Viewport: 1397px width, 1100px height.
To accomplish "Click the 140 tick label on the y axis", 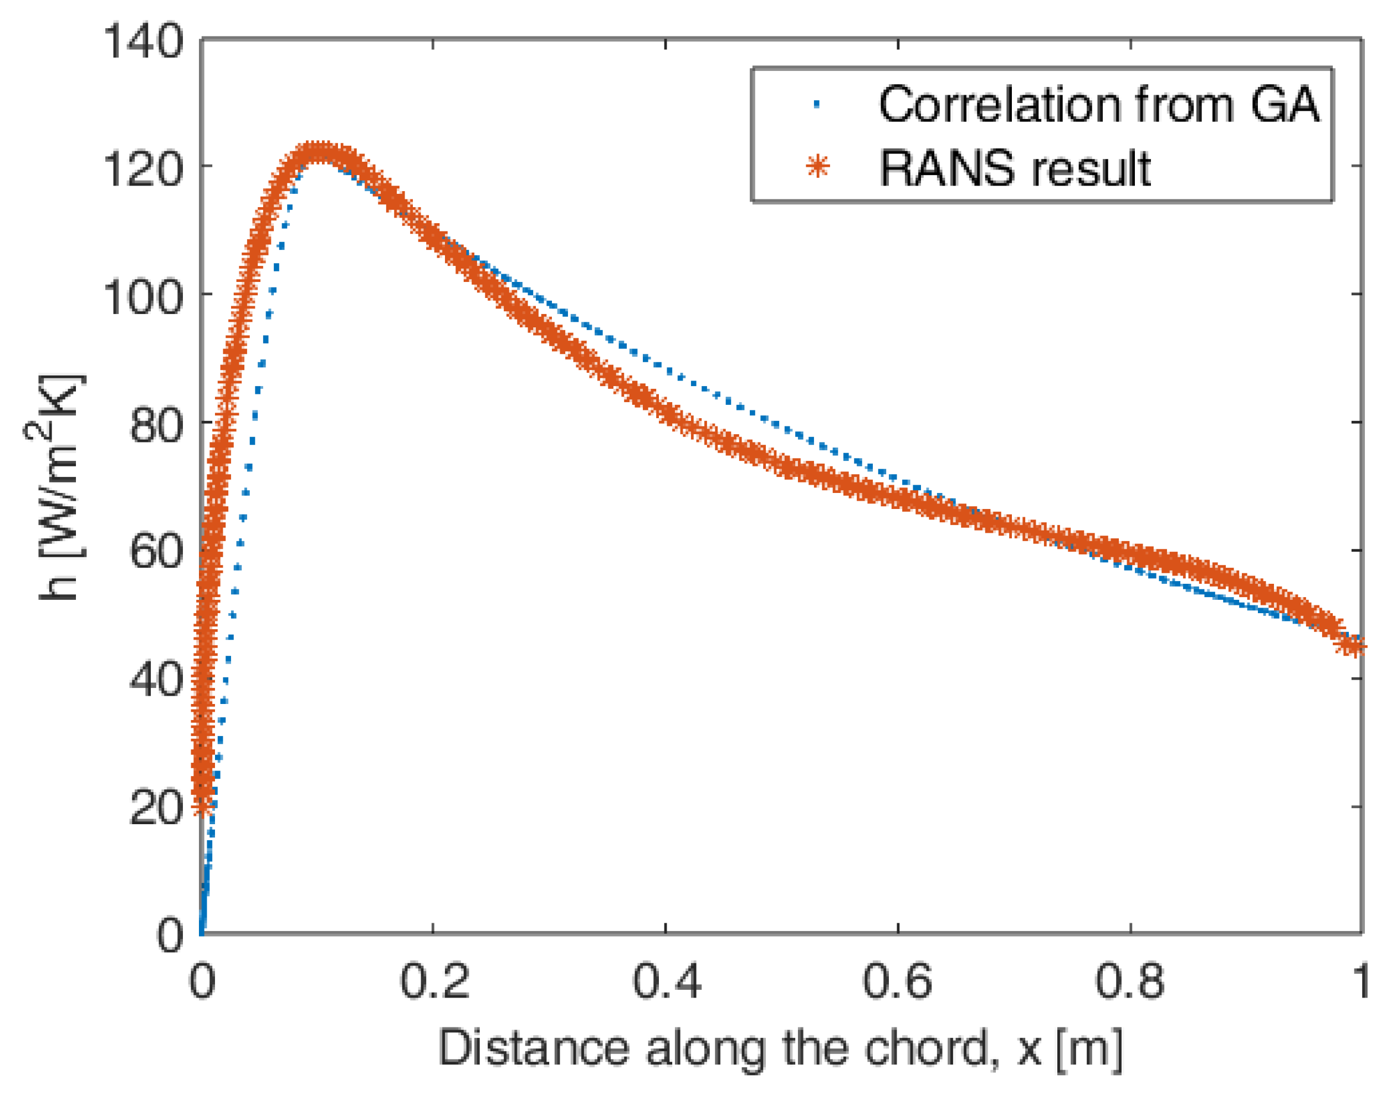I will click(143, 43).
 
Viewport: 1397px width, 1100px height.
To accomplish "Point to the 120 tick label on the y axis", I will click(143, 169).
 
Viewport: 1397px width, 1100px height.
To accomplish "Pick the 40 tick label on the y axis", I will click(157, 680).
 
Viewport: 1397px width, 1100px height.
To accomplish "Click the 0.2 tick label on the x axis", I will click(434, 982).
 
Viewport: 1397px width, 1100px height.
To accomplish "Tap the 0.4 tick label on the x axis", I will click(666, 982).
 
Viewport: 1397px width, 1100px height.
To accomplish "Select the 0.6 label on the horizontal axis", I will click(898, 982).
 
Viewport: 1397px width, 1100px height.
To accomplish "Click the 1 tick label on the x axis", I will click(1360, 982).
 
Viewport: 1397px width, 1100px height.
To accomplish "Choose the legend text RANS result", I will click(1015, 169).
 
